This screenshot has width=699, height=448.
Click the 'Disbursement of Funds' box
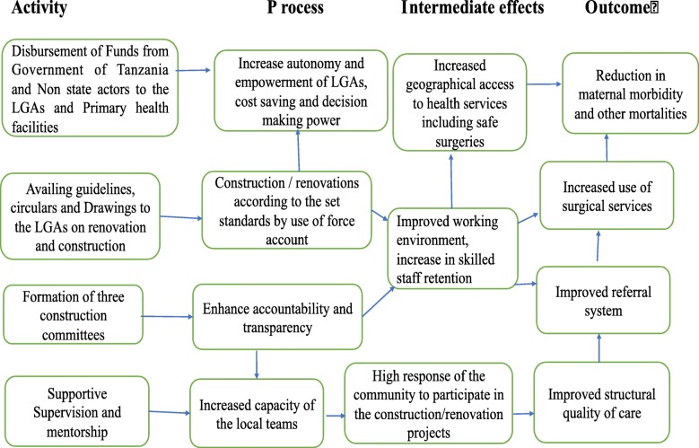[x=91, y=88]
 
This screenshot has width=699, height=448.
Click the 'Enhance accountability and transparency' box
[x=278, y=316]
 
